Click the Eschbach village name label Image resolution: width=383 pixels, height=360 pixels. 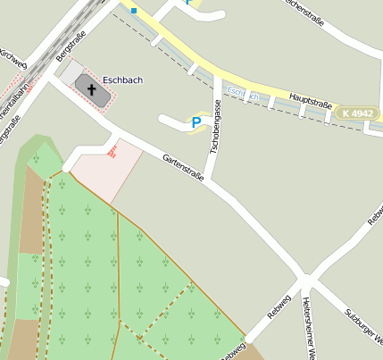pyautogui.click(x=123, y=79)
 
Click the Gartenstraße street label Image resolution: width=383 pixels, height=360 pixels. pyautogui.click(x=183, y=170)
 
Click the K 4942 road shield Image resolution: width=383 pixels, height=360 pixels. pyautogui.click(x=357, y=114)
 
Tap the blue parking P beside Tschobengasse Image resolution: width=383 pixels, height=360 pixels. pyautogui.click(x=196, y=122)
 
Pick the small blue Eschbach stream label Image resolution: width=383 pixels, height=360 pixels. pyautogui.click(x=242, y=93)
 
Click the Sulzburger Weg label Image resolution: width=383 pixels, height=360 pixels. pyautogui.click(x=363, y=327)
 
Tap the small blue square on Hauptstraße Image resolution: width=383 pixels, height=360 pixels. pyautogui.click(x=134, y=11)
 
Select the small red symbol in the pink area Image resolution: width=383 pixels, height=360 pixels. pyautogui.click(x=112, y=153)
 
